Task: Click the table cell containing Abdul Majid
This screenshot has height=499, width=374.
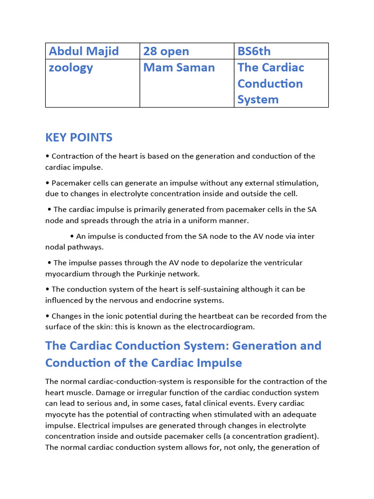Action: (x=83, y=51)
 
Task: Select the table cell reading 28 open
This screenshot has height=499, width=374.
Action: (x=166, y=51)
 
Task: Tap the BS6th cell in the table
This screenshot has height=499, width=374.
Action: (x=254, y=51)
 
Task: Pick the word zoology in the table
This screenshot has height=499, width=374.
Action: (x=71, y=67)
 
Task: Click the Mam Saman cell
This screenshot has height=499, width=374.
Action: (x=179, y=67)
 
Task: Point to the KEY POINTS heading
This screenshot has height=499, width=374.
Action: (x=79, y=137)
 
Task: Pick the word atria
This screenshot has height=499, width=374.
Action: (x=153, y=221)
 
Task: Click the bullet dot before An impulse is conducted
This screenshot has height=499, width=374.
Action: (x=72, y=236)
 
